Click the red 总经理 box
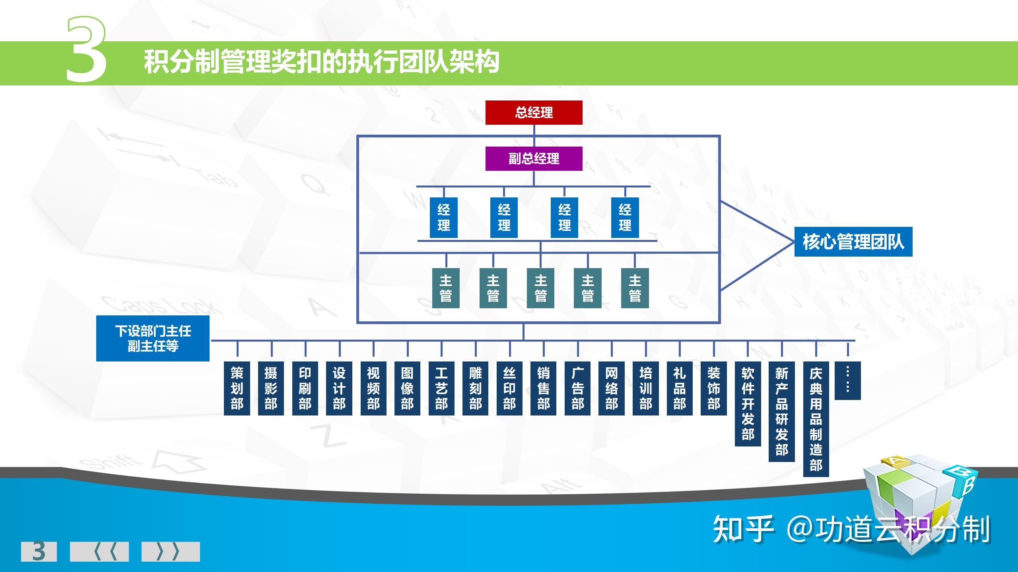(534, 112)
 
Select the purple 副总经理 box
(534, 158)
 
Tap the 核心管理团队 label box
(853, 242)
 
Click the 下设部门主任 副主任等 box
(153, 338)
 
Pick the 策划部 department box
(237, 388)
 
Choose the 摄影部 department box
(271, 388)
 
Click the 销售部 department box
(544, 388)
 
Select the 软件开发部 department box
(748, 404)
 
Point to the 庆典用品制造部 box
(816, 419)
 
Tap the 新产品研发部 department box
(782, 412)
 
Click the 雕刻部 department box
(476, 388)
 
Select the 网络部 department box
(612, 388)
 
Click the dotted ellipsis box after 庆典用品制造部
(848, 381)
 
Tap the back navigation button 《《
(99, 551)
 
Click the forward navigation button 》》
(171, 551)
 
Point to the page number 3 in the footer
(39, 551)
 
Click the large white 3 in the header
(86, 50)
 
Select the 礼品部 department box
(680, 388)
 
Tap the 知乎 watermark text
(743, 529)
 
